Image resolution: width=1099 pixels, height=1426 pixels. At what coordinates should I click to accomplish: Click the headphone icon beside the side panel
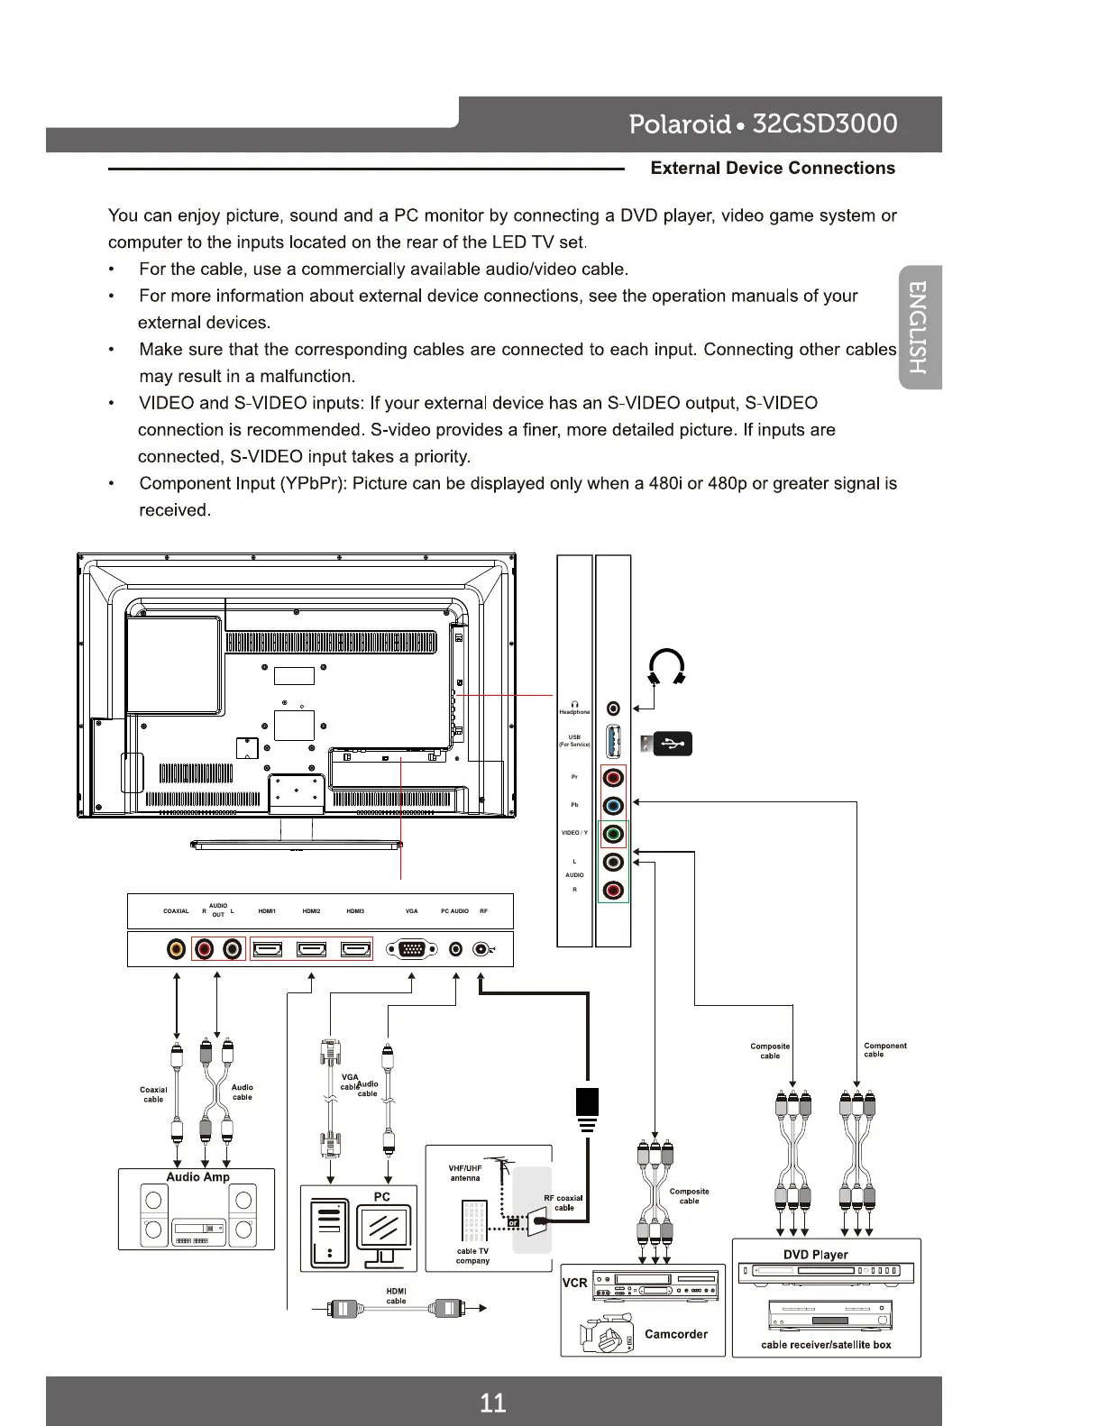(667, 667)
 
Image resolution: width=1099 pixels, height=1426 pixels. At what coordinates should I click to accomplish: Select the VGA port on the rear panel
(412, 949)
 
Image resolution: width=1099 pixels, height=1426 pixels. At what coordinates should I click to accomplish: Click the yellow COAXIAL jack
(177, 949)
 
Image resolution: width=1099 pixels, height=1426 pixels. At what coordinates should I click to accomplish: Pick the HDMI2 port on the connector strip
(312, 949)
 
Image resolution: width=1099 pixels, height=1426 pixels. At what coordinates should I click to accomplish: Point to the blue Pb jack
(614, 806)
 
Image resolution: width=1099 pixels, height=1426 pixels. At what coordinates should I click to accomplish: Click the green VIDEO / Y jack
(614, 834)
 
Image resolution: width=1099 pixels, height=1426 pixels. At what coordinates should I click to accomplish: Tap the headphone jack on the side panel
(614, 709)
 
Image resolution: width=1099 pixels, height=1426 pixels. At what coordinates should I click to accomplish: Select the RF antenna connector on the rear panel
(482, 949)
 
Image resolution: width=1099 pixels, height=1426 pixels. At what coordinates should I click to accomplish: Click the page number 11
(493, 1403)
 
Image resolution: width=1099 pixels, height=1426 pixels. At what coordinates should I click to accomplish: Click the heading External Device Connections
(773, 169)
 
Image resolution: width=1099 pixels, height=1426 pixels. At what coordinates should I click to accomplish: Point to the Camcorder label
(676, 1334)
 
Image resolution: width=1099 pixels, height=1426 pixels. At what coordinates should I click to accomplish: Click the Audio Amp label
(197, 1177)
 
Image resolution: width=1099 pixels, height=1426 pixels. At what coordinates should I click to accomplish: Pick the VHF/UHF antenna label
(465, 1173)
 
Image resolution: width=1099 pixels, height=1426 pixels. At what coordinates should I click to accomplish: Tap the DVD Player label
(815, 1255)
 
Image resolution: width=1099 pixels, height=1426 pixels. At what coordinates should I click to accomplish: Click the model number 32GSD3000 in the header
(824, 123)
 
